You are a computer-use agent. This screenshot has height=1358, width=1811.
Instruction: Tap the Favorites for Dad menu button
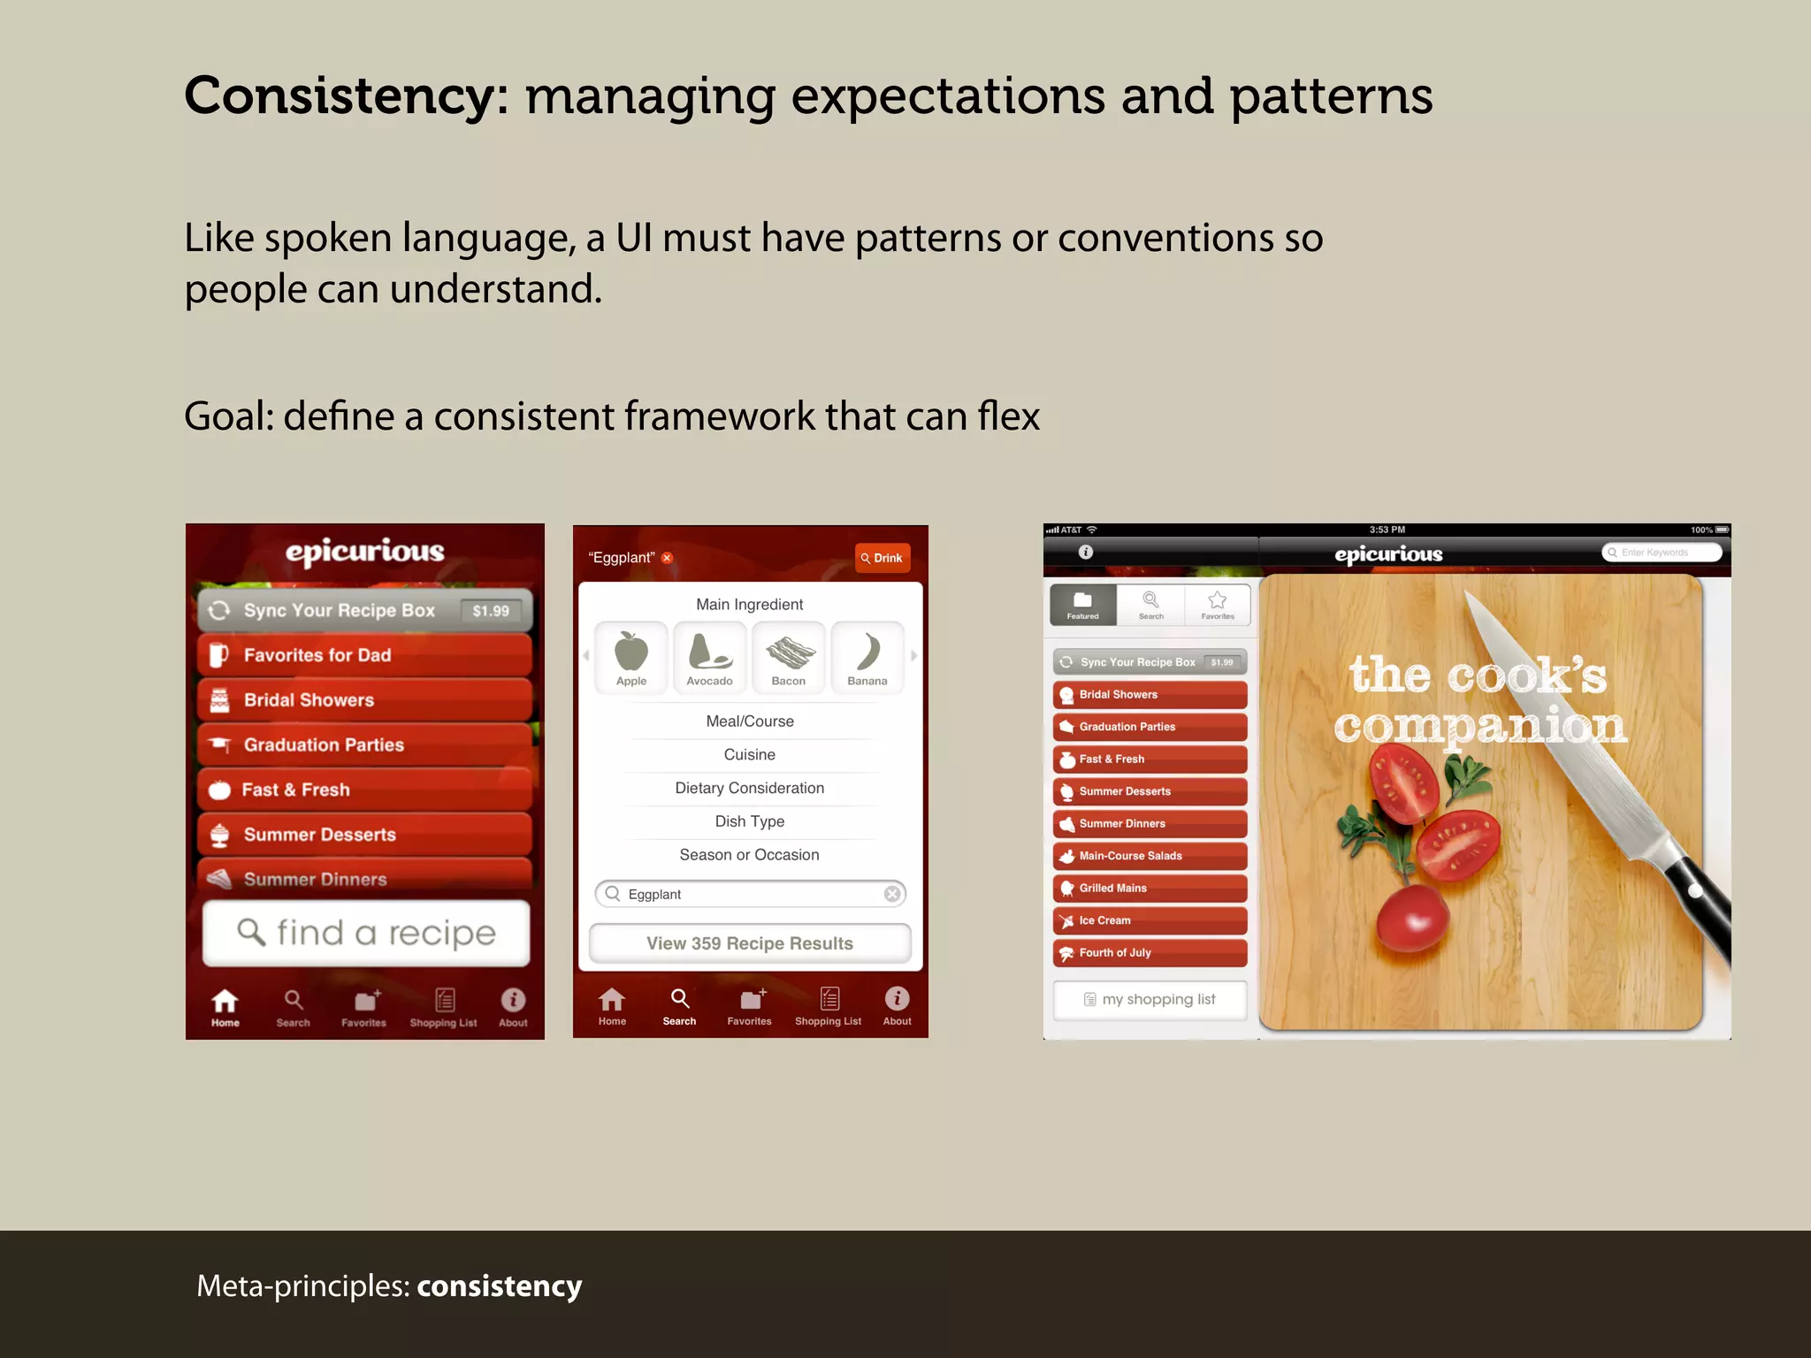point(364,655)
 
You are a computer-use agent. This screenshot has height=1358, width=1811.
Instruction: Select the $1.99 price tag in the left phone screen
point(491,611)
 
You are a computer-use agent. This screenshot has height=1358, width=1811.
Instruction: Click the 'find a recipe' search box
point(366,933)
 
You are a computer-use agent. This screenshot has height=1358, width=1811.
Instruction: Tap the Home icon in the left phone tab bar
point(225,1005)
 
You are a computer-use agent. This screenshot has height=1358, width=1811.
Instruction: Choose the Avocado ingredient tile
point(709,658)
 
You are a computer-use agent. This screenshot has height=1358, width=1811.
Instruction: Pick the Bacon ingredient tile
point(788,658)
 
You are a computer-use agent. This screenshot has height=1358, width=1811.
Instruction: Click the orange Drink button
point(882,558)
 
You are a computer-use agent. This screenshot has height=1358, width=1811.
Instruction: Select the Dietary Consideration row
point(749,788)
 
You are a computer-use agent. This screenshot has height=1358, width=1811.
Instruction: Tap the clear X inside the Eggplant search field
point(892,894)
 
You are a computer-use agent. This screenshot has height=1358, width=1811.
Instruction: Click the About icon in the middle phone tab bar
point(897,1005)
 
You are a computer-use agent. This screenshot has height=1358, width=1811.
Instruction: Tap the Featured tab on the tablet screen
point(1082,605)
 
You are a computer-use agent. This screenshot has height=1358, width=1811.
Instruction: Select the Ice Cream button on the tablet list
point(1150,920)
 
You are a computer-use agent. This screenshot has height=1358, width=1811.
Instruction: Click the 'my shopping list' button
point(1150,999)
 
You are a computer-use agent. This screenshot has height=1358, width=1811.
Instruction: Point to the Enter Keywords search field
point(1662,553)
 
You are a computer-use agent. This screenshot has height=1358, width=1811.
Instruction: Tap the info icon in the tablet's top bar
point(1086,552)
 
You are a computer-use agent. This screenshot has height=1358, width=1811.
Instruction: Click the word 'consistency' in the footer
point(499,1286)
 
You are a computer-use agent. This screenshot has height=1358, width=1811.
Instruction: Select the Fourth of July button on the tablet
point(1150,953)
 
